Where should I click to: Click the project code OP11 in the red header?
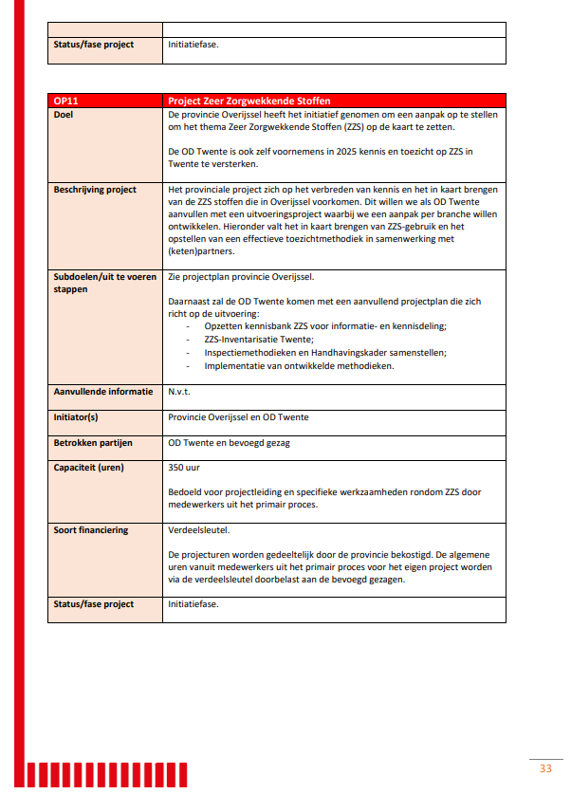(x=65, y=101)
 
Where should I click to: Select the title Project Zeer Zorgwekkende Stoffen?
(x=249, y=101)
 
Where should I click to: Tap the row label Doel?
(x=64, y=114)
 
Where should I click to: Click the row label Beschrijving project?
(x=95, y=190)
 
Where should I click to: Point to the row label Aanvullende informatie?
(x=102, y=391)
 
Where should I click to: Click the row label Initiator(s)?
(x=81, y=416)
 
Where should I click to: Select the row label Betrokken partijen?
(x=93, y=442)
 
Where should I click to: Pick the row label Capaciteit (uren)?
(x=89, y=467)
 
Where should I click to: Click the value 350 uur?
(x=184, y=467)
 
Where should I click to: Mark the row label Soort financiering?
(x=91, y=530)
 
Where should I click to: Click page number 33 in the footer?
(x=544, y=767)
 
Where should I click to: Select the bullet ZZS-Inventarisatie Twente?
(x=258, y=339)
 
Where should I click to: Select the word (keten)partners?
(x=199, y=252)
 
